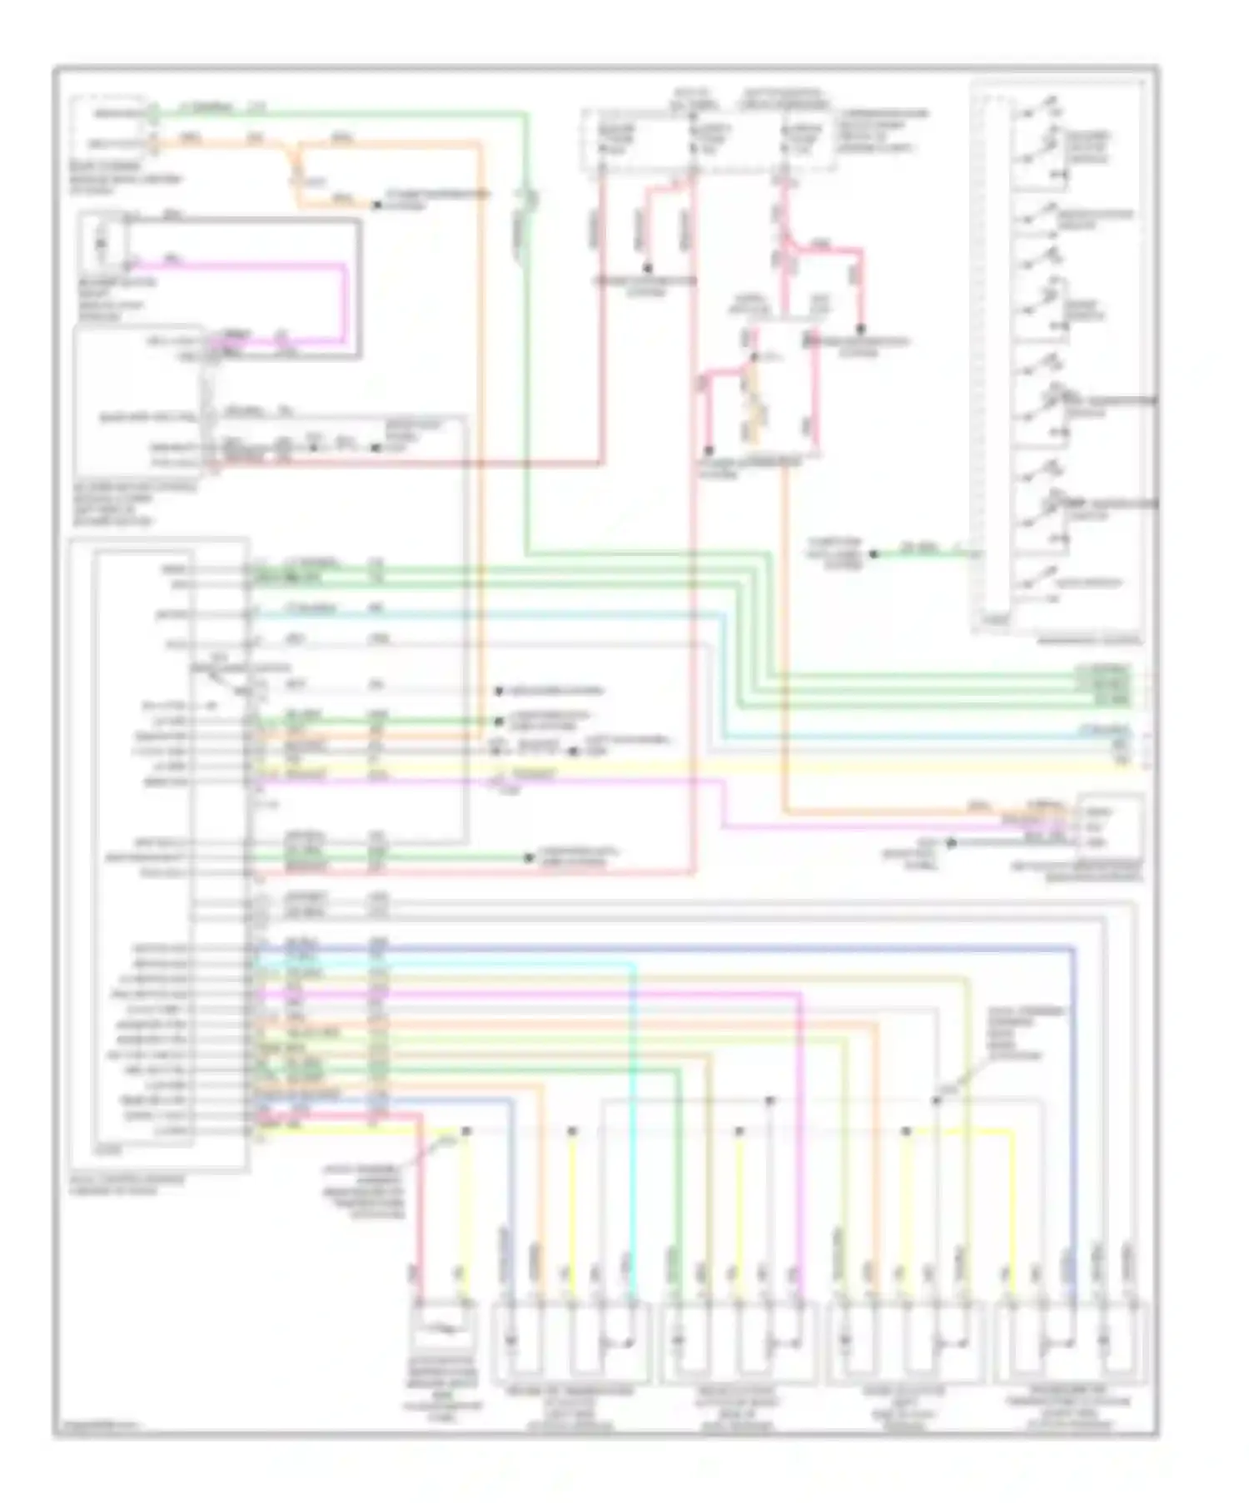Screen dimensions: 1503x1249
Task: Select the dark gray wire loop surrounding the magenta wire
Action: click(x=360, y=283)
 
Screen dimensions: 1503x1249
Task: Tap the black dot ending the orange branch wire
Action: click(x=376, y=204)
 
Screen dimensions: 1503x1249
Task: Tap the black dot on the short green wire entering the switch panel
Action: click(x=873, y=553)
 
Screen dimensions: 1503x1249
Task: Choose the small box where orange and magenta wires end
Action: click(x=1110, y=826)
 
